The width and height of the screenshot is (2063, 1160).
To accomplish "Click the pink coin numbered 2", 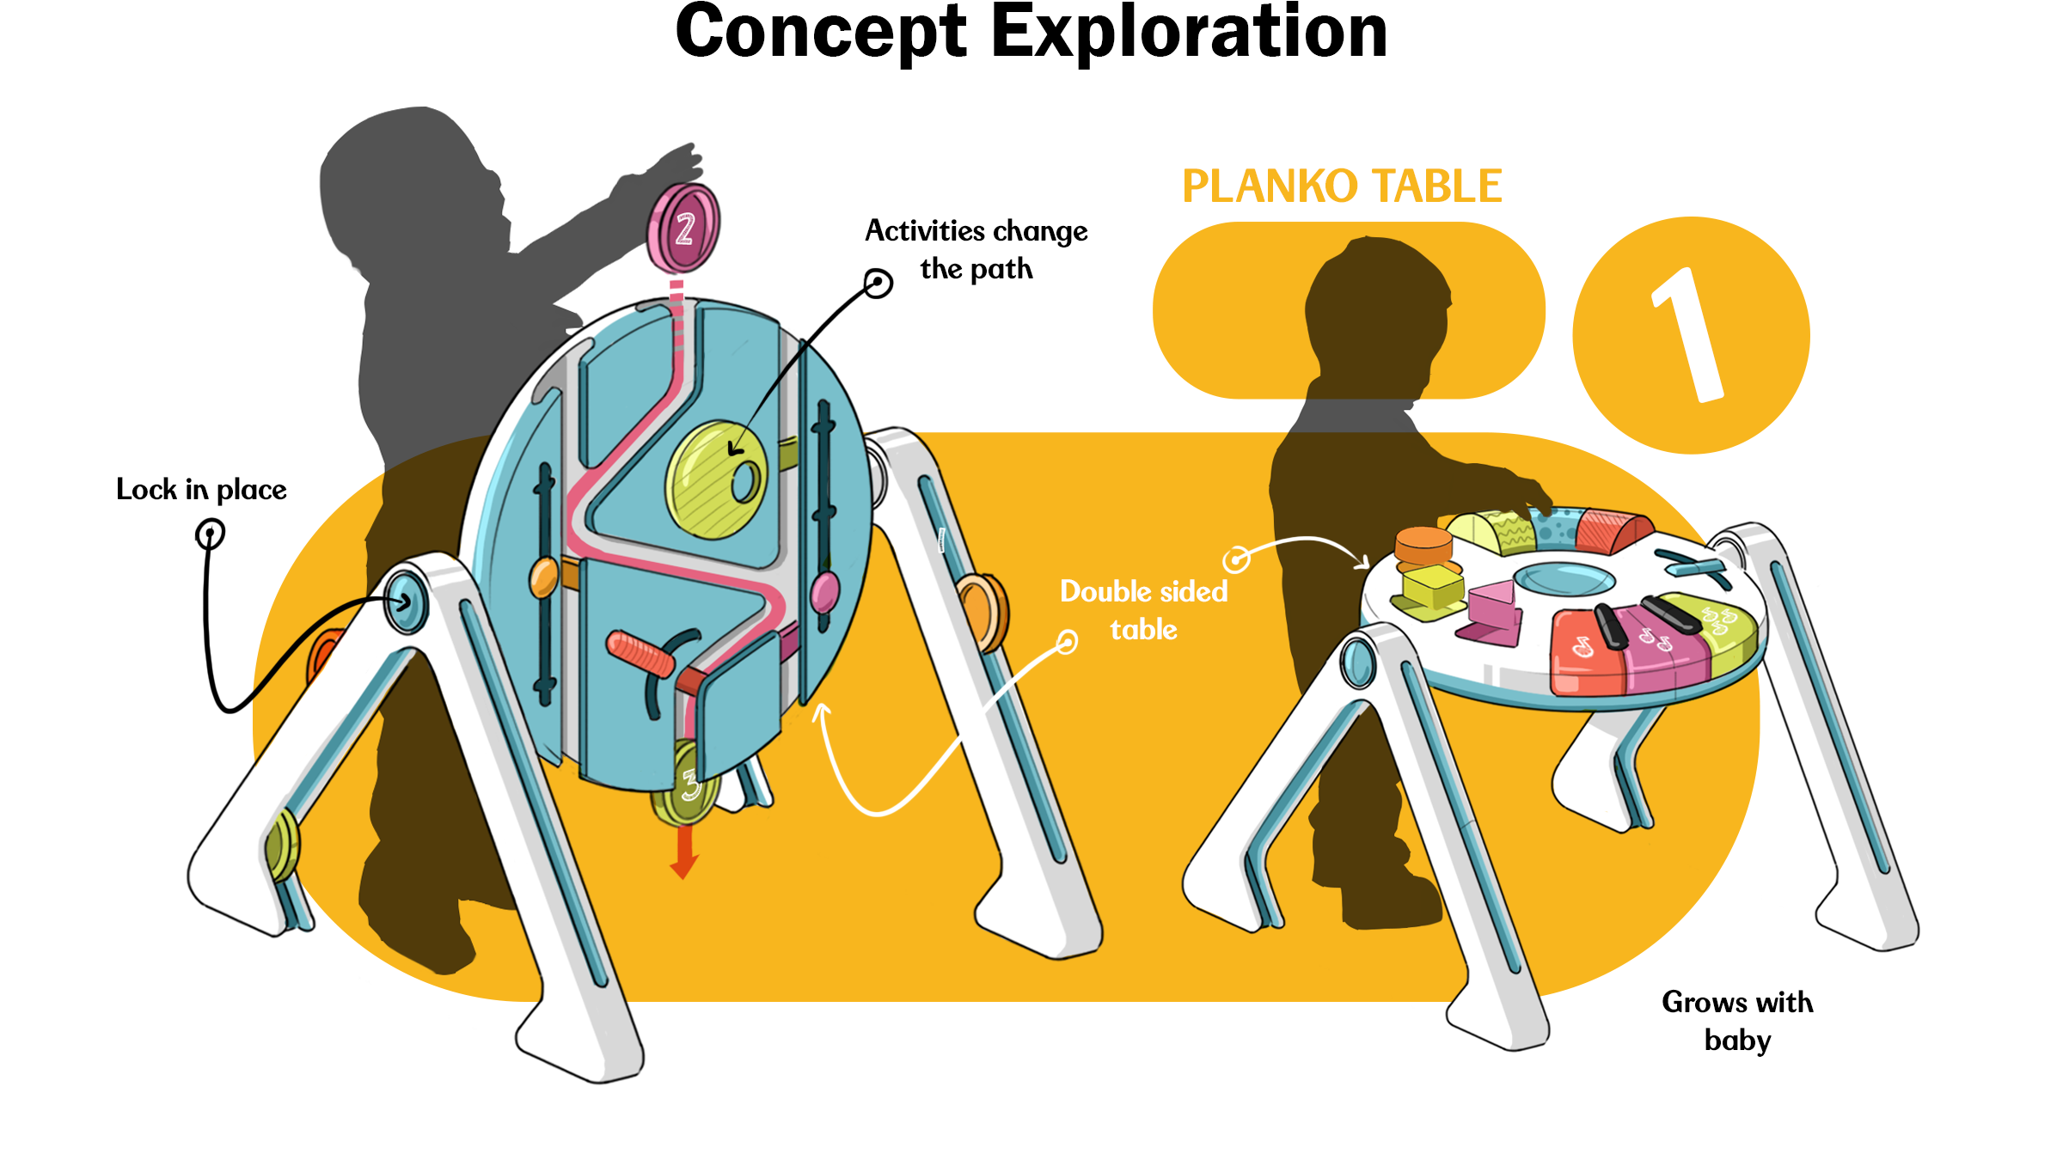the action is pos(684,228).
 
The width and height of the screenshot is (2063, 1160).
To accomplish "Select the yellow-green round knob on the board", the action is pos(717,479).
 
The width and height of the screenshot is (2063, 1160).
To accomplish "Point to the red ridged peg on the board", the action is pos(640,654).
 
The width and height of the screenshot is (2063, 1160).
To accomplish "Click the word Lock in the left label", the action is pos(146,490).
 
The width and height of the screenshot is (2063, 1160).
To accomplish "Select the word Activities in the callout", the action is pos(924,231).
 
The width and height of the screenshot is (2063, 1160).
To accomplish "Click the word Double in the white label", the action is pos(1105,592).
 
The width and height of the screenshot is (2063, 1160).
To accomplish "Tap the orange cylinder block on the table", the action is pos(1423,546).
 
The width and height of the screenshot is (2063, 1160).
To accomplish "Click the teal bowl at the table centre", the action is pos(1564,577).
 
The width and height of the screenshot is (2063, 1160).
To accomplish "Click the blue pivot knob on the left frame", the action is pos(405,601).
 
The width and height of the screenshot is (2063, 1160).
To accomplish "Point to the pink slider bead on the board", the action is pos(824,592).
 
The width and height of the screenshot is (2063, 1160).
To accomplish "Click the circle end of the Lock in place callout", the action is pos(210,534).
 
